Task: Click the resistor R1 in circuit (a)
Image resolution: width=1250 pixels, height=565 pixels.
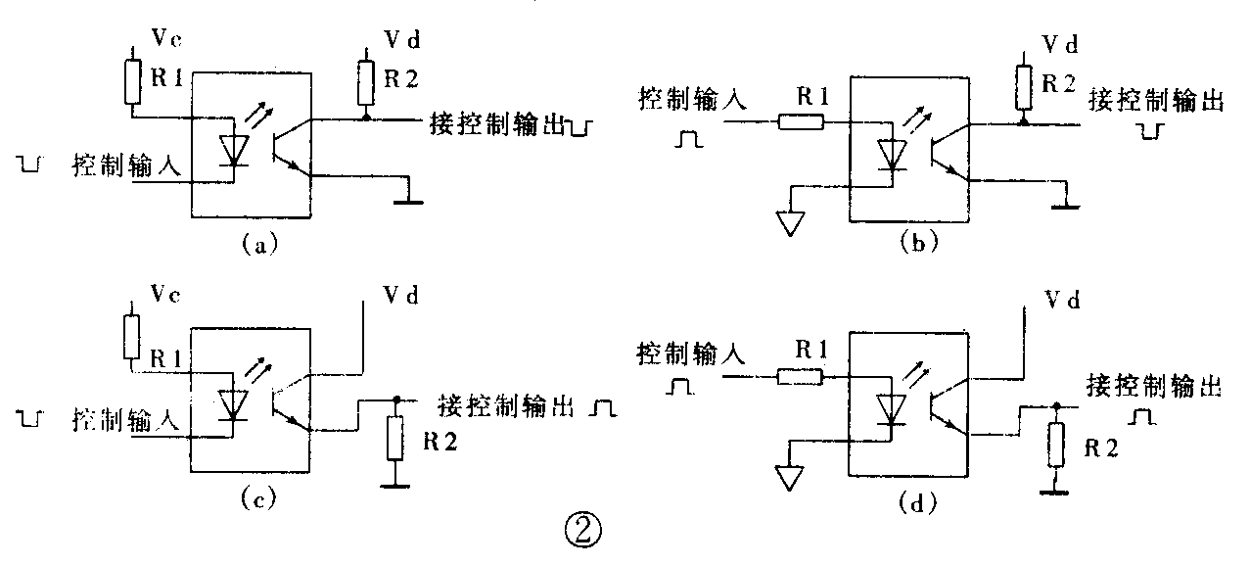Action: pyautogui.click(x=135, y=81)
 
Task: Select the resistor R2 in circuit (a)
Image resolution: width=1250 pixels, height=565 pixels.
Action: pyautogui.click(x=365, y=84)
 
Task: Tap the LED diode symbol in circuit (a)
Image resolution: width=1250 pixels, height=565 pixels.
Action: pyautogui.click(x=233, y=150)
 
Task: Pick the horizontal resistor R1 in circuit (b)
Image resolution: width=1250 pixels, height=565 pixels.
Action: pyautogui.click(x=801, y=122)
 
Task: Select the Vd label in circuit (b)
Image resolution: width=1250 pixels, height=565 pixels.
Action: pyautogui.click(x=1059, y=45)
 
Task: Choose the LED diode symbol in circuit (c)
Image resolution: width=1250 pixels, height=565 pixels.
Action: pyautogui.click(x=233, y=403)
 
